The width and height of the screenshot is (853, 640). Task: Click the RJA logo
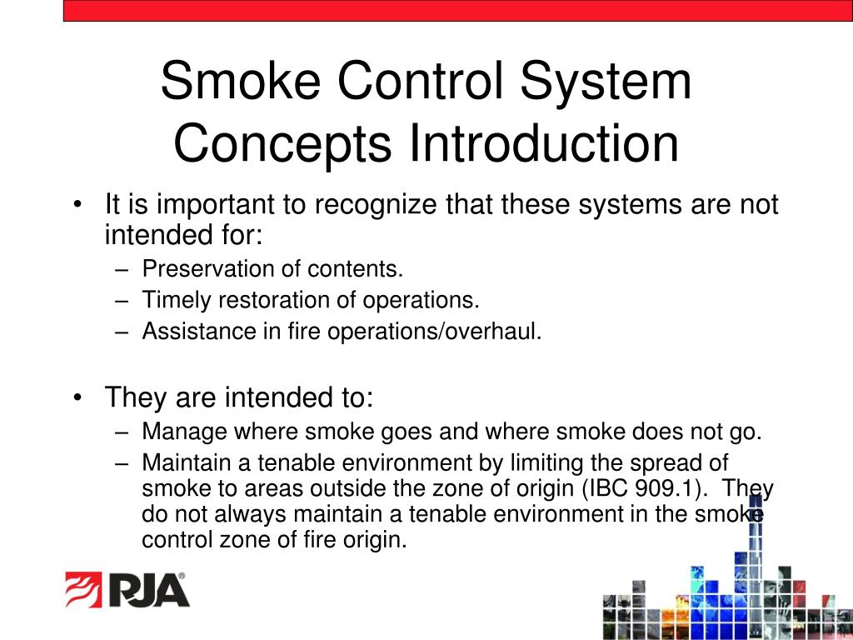pos(127,589)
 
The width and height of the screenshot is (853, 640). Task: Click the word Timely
pos(172,300)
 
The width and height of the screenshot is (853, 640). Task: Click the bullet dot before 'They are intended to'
pos(77,398)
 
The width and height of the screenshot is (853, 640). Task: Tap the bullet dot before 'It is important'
pos(77,205)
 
